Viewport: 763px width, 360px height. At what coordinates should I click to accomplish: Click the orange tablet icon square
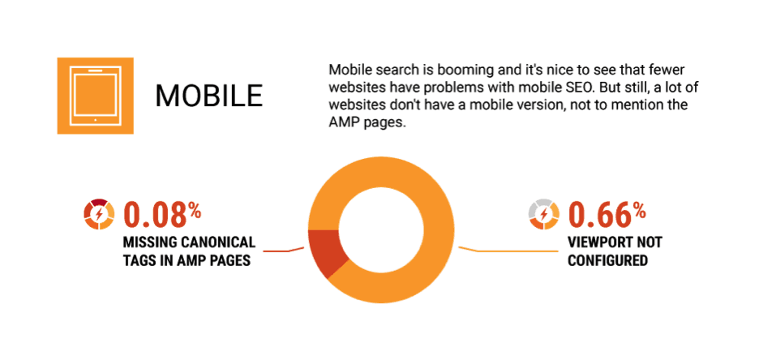[x=96, y=95]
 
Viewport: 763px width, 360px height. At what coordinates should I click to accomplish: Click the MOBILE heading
[x=209, y=96]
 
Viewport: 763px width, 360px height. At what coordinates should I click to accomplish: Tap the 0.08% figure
[x=162, y=214]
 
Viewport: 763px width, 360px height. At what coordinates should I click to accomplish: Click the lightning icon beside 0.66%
[x=543, y=214]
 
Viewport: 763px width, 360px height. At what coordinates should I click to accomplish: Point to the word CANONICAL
[x=217, y=242]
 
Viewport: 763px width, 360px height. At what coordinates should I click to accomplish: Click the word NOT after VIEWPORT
[x=650, y=242]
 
